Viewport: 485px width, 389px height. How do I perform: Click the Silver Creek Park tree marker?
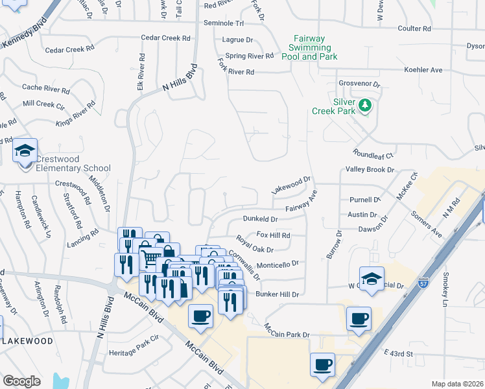365,105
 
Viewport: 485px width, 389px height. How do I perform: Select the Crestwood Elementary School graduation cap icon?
25,152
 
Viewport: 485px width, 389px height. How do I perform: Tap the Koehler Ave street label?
423,70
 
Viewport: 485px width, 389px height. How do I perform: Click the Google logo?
21,381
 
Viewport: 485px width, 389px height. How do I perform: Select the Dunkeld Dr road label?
264,219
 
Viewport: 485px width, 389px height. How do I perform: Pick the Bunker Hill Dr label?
277,294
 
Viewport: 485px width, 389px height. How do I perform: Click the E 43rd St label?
398,353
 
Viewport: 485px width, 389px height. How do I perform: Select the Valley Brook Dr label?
370,170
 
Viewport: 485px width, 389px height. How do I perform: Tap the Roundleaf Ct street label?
373,156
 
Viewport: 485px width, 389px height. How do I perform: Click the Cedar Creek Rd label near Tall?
166,38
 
